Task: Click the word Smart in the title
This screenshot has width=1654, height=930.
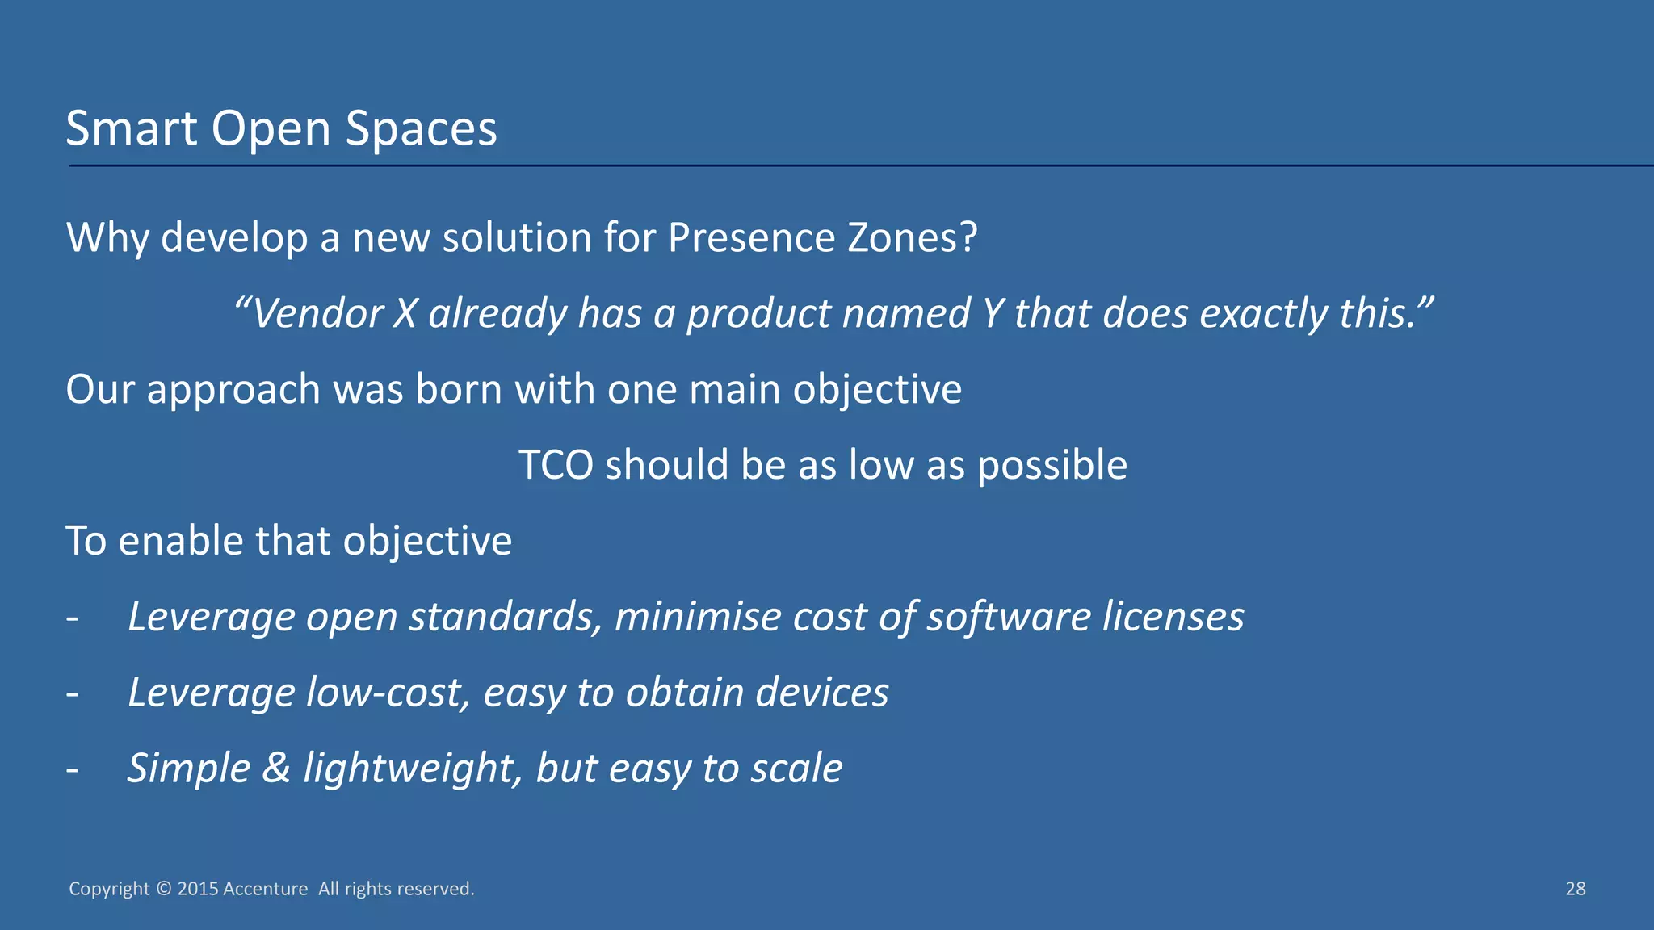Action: click(131, 128)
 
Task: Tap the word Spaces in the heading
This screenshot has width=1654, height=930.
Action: click(421, 128)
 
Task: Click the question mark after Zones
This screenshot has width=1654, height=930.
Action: click(968, 238)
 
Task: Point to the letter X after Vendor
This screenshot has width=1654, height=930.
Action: click(405, 314)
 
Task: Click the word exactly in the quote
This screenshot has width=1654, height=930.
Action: click(1263, 314)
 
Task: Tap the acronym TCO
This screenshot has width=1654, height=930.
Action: click(556, 466)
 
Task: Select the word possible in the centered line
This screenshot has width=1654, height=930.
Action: click(1052, 466)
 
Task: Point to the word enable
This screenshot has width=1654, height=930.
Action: click(181, 541)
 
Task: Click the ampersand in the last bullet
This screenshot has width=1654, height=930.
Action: click(276, 768)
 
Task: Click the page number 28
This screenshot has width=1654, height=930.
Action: click(1575, 889)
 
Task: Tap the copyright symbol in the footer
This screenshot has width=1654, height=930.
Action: click(164, 889)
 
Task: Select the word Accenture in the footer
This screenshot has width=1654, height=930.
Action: click(265, 889)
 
